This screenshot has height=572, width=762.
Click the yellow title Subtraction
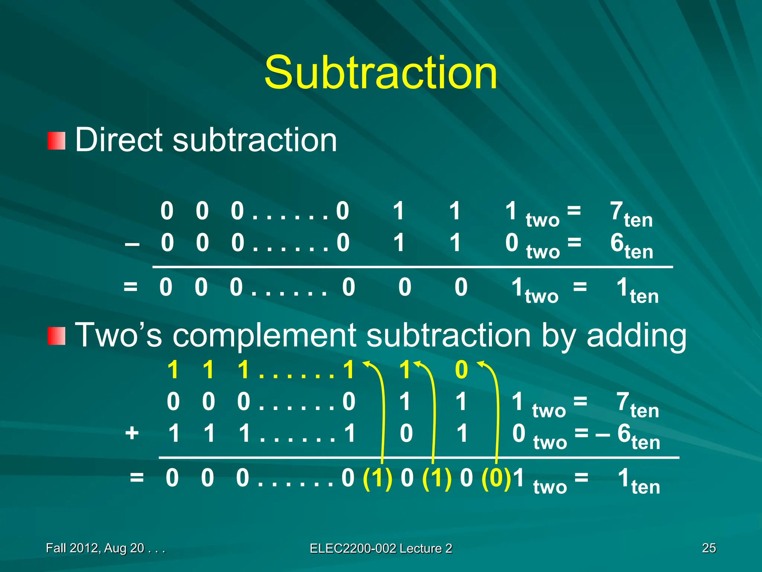coord(381,73)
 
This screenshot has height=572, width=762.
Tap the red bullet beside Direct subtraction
coord(57,141)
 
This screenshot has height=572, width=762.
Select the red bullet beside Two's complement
coord(57,336)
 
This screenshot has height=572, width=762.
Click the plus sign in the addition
coord(132,433)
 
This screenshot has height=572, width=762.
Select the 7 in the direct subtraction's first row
coord(617,211)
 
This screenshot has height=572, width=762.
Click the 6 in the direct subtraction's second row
coord(617,243)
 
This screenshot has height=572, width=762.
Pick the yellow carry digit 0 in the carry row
coord(461,370)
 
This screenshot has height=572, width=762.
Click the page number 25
coord(709,548)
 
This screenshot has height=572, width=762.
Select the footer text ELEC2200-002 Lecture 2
coord(381,548)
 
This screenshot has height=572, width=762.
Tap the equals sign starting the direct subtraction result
coord(131,287)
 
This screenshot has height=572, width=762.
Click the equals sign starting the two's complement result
coord(137,477)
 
